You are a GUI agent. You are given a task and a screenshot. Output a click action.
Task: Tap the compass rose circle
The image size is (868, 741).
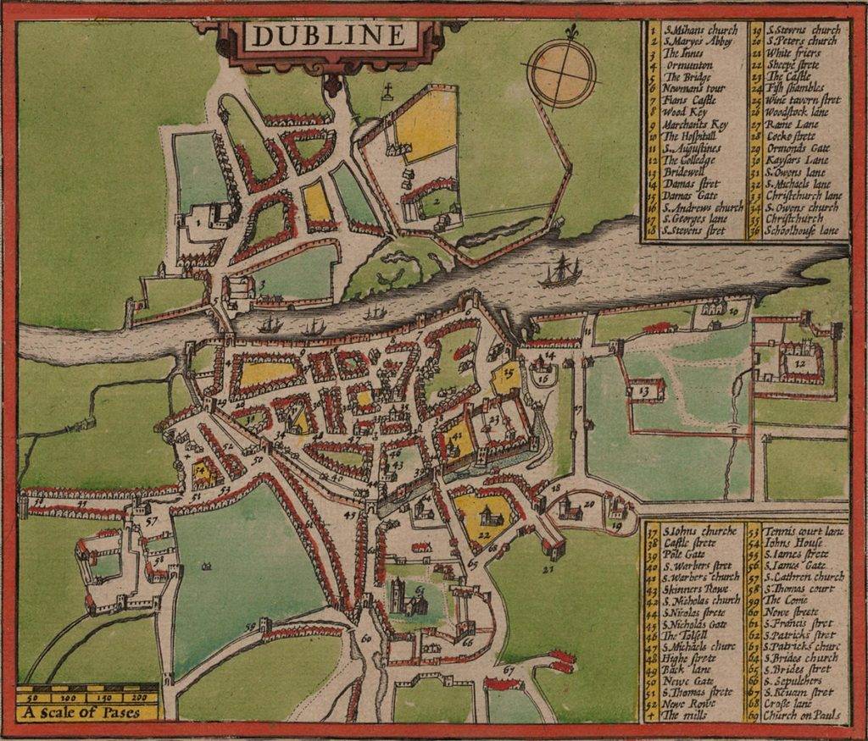(x=561, y=73)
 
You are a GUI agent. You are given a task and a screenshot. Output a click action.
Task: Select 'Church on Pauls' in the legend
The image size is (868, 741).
(x=802, y=716)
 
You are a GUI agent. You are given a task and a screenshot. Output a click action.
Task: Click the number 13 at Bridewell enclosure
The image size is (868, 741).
(x=643, y=391)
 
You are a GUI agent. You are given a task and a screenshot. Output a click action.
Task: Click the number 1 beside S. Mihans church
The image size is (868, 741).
(x=198, y=222)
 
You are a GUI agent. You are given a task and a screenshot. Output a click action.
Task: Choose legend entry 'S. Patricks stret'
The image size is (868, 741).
(x=800, y=635)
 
